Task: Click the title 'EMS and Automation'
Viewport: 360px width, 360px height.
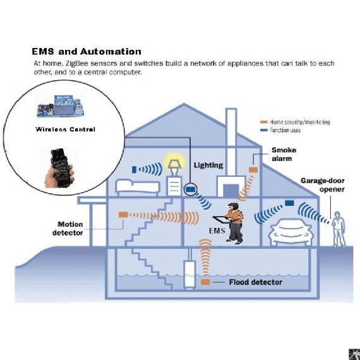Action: click(87, 51)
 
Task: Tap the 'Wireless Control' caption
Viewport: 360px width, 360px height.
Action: click(66, 129)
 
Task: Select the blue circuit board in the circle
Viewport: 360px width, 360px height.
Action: click(60, 106)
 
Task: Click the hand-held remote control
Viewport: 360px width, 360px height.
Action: click(60, 167)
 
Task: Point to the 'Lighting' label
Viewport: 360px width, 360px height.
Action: click(208, 165)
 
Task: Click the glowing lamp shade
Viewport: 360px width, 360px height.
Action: click(174, 164)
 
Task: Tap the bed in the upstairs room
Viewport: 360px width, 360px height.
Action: click(137, 188)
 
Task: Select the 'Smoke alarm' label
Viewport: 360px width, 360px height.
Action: click(284, 154)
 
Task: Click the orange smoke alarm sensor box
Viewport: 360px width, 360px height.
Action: click(253, 170)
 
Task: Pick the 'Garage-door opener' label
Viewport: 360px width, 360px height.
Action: click(323, 185)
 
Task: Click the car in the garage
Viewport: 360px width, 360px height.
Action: click(292, 232)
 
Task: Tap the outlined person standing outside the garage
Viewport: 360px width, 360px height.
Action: click(339, 229)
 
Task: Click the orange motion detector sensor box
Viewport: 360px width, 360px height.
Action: click(123, 215)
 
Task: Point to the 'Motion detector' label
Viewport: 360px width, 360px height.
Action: click(68, 229)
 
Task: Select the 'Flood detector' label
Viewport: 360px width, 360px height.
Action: click(256, 282)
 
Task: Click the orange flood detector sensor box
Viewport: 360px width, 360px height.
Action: click(205, 282)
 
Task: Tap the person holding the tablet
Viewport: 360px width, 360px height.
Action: click(231, 223)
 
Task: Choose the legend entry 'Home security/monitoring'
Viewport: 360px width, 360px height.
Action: click(295, 122)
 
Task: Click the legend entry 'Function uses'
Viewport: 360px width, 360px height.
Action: click(280, 130)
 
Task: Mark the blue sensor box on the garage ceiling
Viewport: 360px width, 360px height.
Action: click(289, 203)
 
